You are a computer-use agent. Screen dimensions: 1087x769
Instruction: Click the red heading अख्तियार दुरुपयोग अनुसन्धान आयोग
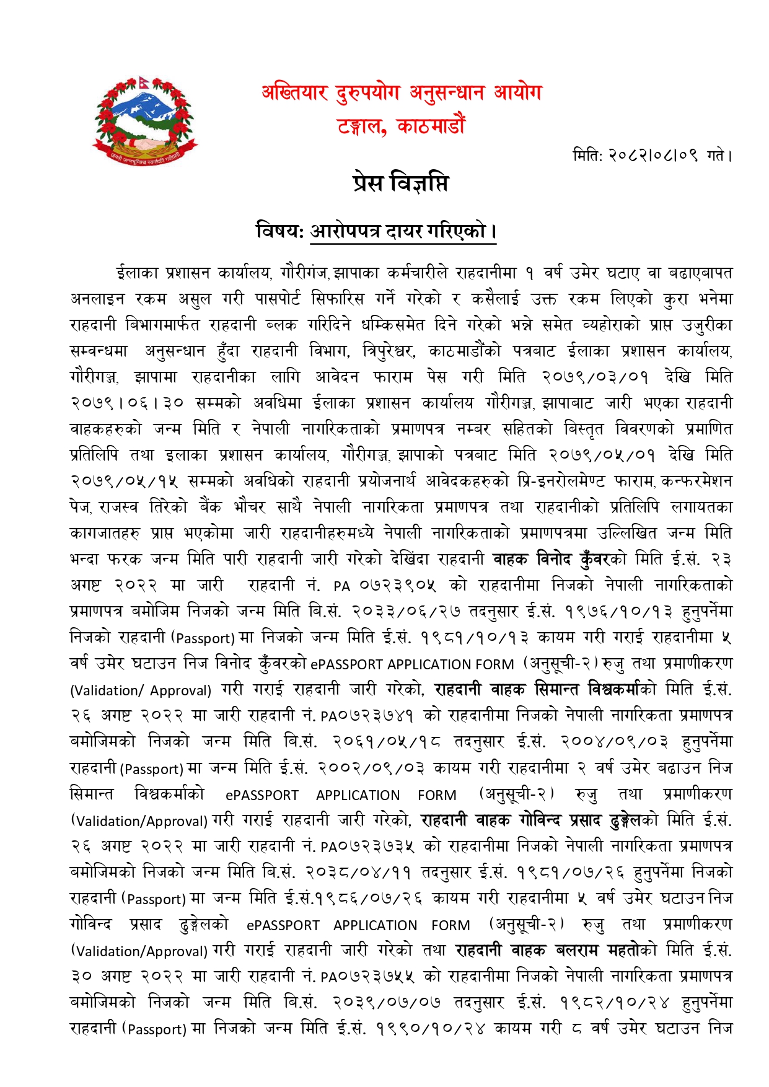click(401, 93)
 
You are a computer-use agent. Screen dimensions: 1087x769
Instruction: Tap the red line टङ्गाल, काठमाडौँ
click(401, 126)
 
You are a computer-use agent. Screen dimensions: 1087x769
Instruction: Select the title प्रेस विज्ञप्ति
click(400, 183)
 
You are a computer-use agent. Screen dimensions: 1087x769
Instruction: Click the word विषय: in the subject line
click(279, 231)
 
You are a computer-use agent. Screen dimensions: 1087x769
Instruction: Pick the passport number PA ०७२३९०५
click(384, 586)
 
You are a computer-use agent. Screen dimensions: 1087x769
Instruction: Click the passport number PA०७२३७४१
click(367, 716)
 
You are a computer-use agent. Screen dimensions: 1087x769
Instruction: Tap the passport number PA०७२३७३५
click(367, 846)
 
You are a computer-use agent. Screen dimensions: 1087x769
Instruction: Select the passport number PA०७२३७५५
click(367, 977)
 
